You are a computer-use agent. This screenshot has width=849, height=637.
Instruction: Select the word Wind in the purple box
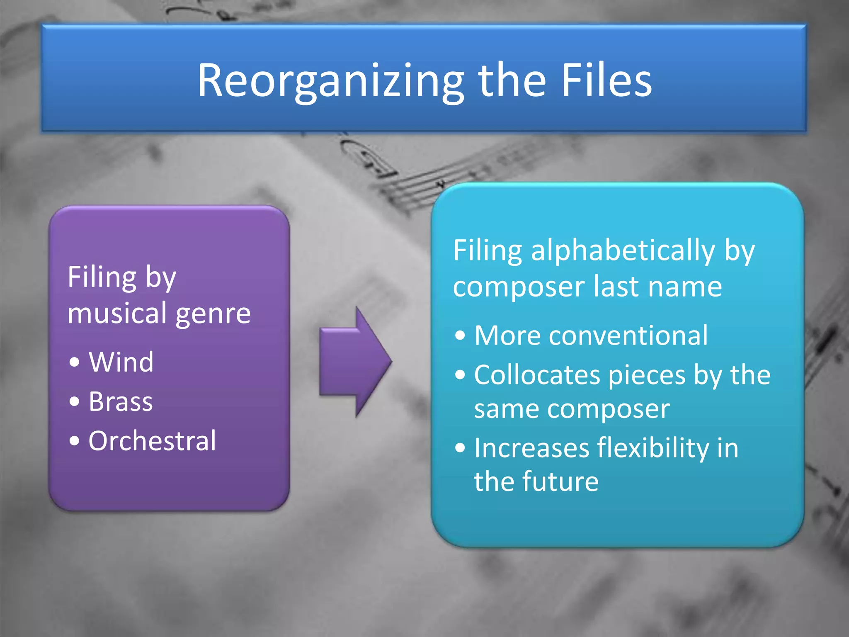[x=121, y=362]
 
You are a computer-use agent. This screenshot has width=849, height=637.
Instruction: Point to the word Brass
[x=121, y=401]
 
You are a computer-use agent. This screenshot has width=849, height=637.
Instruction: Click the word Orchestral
[x=152, y=440]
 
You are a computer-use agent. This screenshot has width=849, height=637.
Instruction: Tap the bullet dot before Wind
[x=74, y=362]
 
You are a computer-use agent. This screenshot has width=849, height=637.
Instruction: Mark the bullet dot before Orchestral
[x=74, y=441]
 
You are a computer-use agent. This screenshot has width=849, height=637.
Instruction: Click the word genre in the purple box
[x=213, y=314]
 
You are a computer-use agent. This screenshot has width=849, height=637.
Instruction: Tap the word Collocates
[x=537, y=375]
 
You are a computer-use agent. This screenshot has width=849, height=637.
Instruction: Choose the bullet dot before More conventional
[x=460, y=336]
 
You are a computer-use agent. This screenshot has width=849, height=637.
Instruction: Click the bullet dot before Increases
[x=460, y=448]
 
